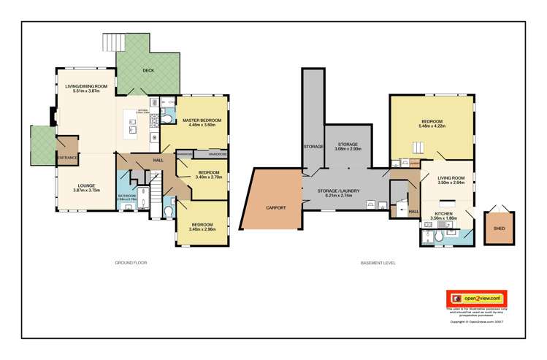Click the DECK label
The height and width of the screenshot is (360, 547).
tap(148, 71)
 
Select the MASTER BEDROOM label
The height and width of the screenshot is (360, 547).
tap(202, 120)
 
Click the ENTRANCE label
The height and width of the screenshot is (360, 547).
tap(67, 157)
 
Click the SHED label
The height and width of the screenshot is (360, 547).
tap(500, 229)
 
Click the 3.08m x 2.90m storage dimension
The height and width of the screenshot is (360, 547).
tap(348, 149)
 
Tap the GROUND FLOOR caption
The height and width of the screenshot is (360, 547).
tap(131, 262)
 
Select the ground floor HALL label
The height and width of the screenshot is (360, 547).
tap(158, 160)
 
